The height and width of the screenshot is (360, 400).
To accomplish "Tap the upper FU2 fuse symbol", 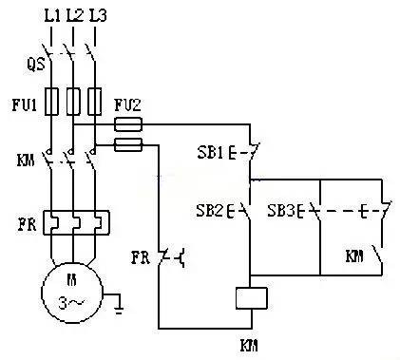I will [128, 124].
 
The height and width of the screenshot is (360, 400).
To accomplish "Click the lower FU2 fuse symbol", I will [128, 144].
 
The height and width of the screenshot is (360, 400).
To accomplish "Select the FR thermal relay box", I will [73, 224].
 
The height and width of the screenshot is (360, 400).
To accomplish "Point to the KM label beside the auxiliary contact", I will [352, 257].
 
